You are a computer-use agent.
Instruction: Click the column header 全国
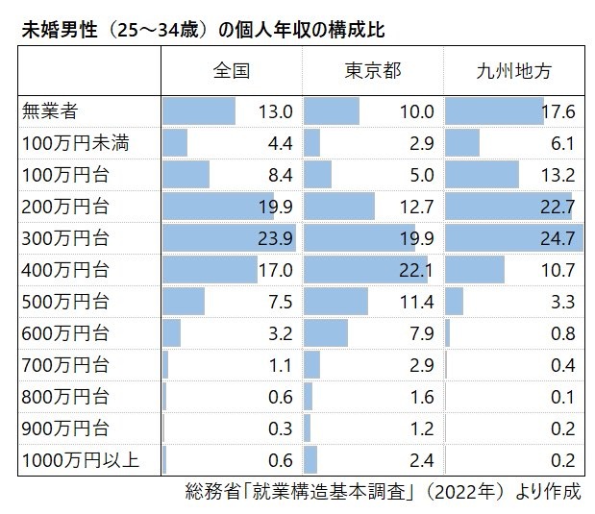tap(231, 70)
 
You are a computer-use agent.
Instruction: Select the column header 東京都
tap(372, 70)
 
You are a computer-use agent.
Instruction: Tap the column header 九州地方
tap(514, 70)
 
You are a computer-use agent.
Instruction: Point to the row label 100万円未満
tap(74, 144)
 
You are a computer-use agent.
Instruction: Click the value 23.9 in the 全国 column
tap(275, 239)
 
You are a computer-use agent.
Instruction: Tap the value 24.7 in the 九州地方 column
tap(558, 239)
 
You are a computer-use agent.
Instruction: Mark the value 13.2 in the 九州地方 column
tap(558, 176)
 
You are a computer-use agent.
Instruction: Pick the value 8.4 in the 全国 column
tap(279, 176)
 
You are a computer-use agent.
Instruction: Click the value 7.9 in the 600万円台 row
tap(421, 333)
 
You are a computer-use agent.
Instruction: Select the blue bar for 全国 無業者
tap(199, 111)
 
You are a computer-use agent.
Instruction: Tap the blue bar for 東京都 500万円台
tap(335, 302)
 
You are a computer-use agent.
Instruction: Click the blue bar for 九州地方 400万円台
tap(475, 270)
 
